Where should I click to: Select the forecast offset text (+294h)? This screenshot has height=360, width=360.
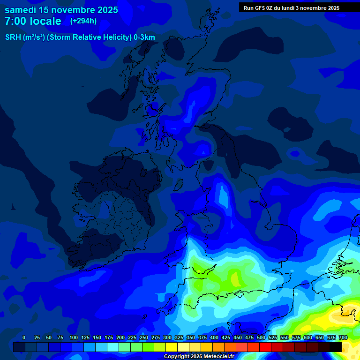click(x=83, y=21)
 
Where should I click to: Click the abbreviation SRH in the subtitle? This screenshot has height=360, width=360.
click(x=13, y=37)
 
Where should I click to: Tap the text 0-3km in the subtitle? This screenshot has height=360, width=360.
click(x=144, y=37)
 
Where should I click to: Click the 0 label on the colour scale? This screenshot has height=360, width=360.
click(x=24, y=337)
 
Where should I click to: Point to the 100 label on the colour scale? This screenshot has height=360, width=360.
click(x=74, y=337)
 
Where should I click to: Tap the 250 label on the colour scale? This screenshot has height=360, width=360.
click(x=144, y=337)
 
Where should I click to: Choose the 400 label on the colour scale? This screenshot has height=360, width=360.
click(x=214, y=337)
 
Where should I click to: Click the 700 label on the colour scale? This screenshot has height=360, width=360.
click(x=343, y=337)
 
